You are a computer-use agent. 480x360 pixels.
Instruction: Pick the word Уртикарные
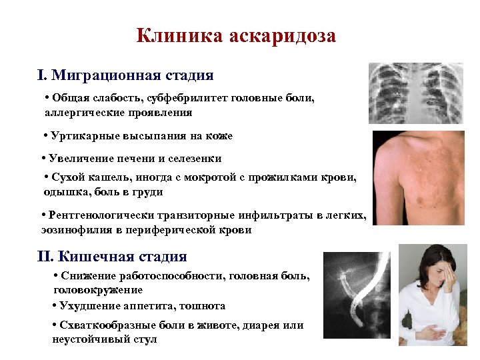point(81,136)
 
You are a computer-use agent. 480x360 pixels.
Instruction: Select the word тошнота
point(203,306)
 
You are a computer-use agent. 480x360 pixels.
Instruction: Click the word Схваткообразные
point(104,325)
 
